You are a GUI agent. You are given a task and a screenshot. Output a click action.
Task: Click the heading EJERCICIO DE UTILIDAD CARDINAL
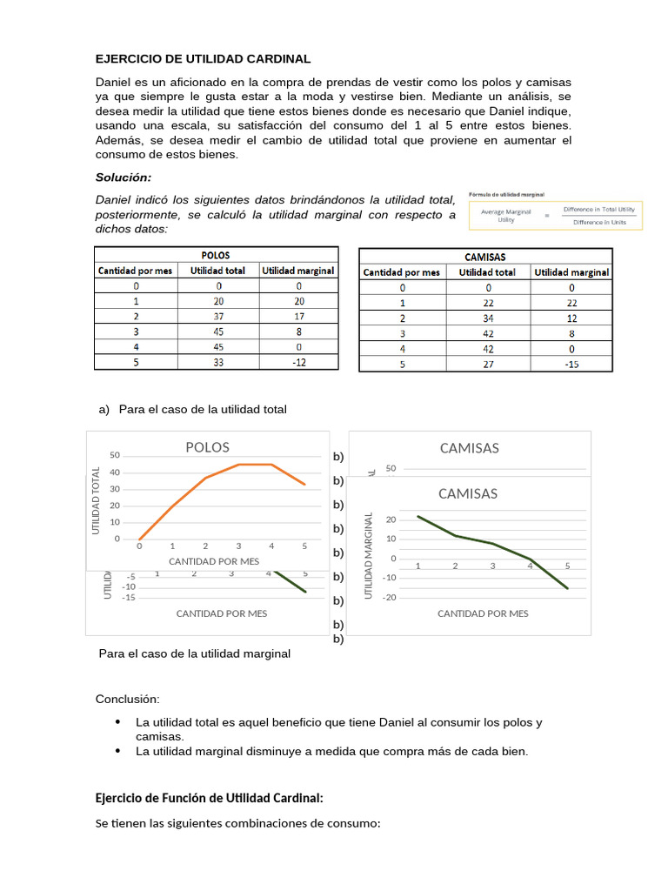pos(203,59)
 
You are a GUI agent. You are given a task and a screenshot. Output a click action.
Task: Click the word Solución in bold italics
pos(124,178)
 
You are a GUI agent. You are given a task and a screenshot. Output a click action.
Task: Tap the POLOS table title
pos(215,256)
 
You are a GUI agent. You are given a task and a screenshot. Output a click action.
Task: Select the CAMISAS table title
pos(485,257)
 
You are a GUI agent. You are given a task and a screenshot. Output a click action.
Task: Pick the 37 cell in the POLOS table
pos(218,316)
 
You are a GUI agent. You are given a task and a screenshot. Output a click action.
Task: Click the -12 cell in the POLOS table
pos(298,362)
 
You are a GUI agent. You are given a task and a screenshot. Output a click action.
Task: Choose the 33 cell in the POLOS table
pos(218,362)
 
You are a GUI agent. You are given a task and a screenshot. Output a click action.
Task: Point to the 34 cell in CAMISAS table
pos(487,318)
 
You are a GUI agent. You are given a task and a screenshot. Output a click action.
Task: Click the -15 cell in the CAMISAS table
pos(571,365)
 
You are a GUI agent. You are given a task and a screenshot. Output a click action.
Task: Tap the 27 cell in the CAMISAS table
pos(487,365)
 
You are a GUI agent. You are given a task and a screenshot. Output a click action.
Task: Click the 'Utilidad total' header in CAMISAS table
pos(487,272)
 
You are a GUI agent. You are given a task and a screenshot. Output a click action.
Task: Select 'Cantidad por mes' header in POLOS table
pos(136,271)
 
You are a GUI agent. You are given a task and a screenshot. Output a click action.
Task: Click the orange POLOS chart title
pos(208,447)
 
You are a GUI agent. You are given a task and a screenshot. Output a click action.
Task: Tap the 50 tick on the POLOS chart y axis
pos(115,455)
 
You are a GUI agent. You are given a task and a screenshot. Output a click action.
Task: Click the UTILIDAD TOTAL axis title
pos(97,500)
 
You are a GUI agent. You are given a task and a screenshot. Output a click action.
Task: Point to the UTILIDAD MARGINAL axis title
pos(368,554)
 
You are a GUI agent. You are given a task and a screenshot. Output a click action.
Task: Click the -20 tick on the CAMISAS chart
pos(391,597)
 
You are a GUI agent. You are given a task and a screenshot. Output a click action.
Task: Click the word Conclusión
pos(128,699)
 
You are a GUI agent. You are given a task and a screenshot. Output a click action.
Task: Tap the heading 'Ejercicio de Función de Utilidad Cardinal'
pos(209,798)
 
